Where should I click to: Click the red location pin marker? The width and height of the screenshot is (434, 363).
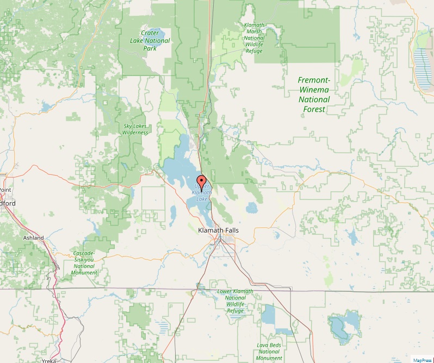point(202,181)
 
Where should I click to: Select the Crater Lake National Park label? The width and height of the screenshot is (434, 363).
point(150,41)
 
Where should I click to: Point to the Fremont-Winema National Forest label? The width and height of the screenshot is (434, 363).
point(314,95)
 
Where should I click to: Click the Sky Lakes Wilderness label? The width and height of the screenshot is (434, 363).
point(135,129)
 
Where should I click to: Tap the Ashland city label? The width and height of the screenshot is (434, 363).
point(33,238)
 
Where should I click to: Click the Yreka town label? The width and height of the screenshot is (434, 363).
point(49,360)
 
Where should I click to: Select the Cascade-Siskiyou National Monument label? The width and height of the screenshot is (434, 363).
point(85,263)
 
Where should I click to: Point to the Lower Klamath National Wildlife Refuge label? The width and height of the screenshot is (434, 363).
point(235,301)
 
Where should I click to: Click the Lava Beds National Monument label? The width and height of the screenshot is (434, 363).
point(269,351)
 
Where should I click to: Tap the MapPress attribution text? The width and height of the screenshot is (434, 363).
point(422,360)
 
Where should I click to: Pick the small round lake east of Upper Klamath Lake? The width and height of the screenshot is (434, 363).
point(251,208)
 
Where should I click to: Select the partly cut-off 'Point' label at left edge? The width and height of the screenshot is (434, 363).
point(5,190)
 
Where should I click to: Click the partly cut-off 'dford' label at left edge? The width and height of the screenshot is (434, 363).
point(8,203)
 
